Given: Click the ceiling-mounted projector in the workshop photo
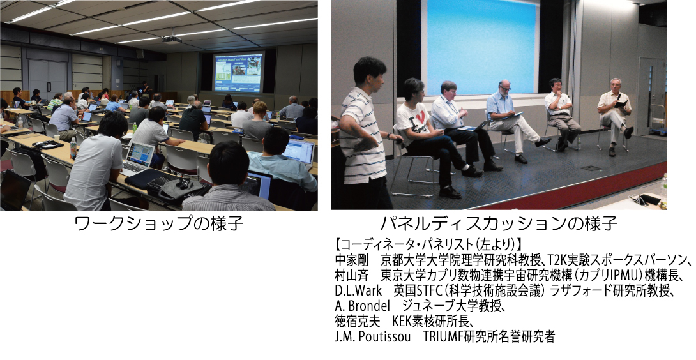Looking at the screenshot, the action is point(171,39).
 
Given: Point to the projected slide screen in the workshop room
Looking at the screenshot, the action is point(239,72).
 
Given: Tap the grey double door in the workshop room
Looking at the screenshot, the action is point(47,80).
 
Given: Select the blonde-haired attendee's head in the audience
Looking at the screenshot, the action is point(260,108).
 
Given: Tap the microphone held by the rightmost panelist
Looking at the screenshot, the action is point(618,96).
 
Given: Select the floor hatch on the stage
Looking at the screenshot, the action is point(591,168).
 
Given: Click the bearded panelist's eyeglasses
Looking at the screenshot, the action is point(506,88).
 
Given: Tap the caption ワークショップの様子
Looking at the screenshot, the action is point(160,223).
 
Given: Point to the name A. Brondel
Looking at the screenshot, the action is point(362,306).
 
